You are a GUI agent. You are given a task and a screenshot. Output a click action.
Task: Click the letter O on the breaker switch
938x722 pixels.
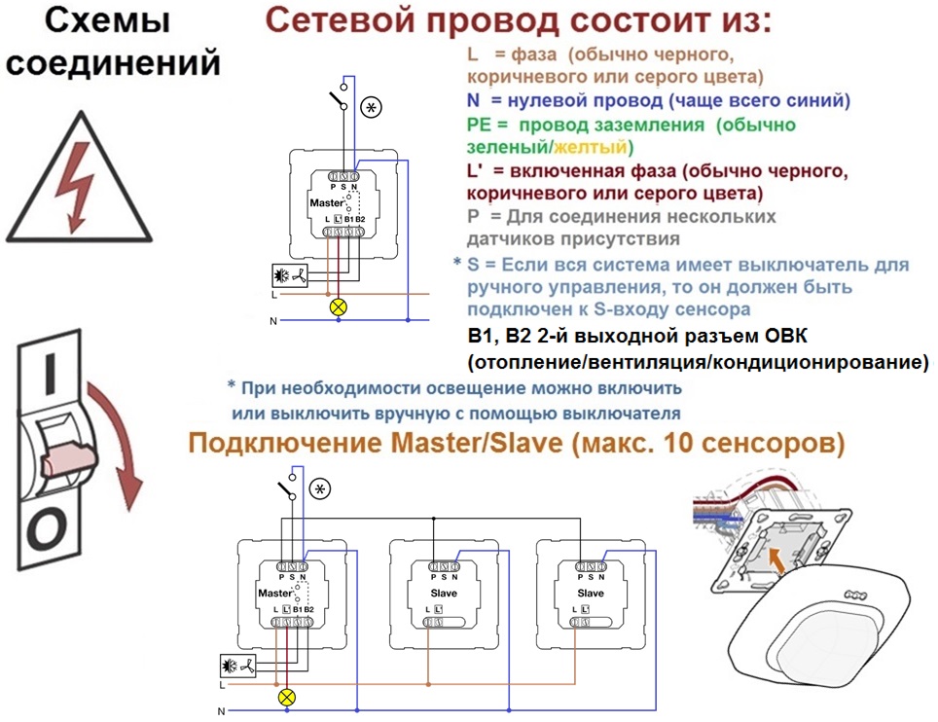coord(46,528)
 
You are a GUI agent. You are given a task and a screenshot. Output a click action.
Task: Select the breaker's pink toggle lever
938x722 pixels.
coord(67,459)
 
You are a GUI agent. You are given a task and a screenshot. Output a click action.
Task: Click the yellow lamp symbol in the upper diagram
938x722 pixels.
coord(339,307)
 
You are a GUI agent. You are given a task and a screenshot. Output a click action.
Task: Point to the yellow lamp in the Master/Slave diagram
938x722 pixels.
coord(287,697)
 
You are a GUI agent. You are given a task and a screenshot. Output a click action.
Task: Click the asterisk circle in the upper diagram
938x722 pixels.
coord(372,108)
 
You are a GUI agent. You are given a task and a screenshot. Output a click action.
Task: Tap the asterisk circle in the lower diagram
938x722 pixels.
coord(320,488)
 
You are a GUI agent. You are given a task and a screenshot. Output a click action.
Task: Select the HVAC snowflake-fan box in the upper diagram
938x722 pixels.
coord(290,275)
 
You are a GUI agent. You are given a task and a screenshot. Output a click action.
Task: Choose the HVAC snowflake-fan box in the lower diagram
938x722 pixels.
coord(238,666)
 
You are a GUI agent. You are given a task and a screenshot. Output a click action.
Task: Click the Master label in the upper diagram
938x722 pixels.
coord(327,202)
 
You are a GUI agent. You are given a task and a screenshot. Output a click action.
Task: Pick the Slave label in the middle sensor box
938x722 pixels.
coord(444,593)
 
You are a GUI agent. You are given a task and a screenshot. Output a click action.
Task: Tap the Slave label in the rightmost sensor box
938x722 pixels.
coord(591,593)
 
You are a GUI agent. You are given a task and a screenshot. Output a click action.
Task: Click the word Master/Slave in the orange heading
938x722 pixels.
coord(476,444)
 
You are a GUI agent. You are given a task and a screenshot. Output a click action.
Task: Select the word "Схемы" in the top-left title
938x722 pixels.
coord(108,20)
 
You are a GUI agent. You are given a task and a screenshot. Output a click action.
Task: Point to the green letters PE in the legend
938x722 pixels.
coord(479,125)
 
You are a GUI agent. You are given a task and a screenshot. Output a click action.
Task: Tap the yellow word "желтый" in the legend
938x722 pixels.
coord(590,147)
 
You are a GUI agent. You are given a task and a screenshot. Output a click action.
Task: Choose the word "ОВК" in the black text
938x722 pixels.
coord(786,336)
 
